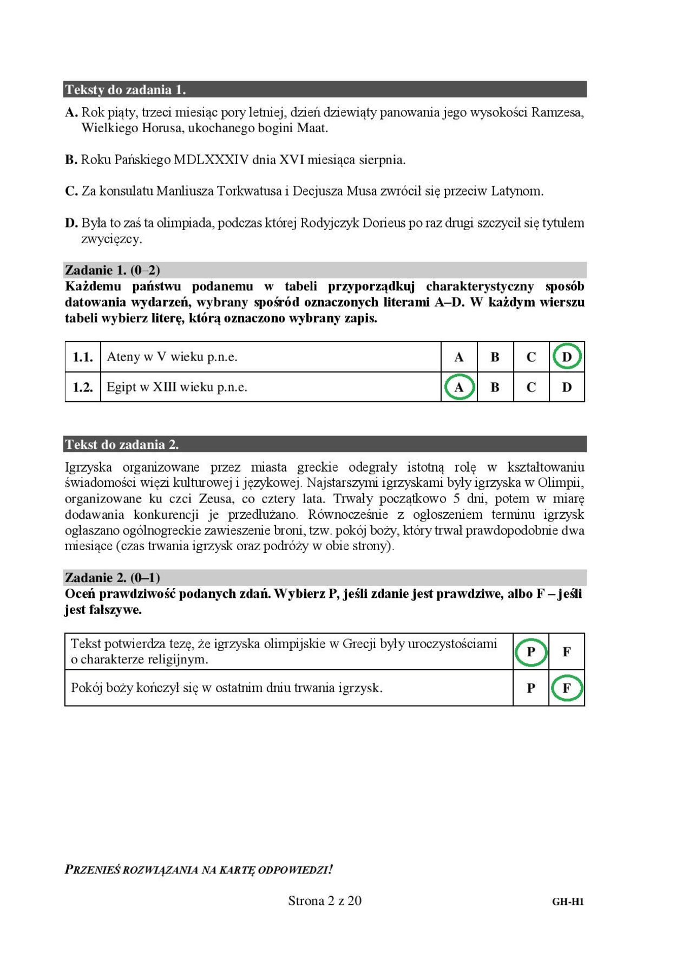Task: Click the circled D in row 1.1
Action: (567, 357)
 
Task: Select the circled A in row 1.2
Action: (459, 387)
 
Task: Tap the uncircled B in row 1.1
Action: (495, 357)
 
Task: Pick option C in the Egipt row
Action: (531, 387)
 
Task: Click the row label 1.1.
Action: (83, 357)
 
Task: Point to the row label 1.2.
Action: (83, 387)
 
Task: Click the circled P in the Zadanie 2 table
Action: (530, 651)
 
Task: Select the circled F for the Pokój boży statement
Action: (567, 688)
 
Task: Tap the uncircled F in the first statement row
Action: (567, 651)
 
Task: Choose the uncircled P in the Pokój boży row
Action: (530, 688)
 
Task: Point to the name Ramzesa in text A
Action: (558, 113)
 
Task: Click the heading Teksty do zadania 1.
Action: (125, 89)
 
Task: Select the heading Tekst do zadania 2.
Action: (122, 445)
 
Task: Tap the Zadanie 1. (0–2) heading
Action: (113, 270)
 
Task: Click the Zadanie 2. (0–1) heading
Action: (113, 577)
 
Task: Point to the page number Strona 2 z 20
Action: (325, 901)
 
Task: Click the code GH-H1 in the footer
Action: (568, 902)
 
